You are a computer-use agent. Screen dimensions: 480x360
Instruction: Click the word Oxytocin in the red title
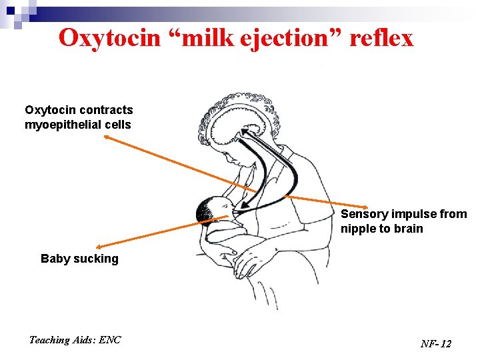[x=110, y=38]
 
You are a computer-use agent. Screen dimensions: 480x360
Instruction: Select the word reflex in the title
[x=381, y=37]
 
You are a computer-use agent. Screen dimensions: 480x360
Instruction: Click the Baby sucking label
[x=79, y=259]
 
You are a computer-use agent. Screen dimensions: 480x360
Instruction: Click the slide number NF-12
[x=436, y=343]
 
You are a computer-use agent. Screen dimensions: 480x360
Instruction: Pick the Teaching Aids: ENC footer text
[x=75, y=340]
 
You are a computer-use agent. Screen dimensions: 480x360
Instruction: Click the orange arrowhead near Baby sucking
[x=99, y=247]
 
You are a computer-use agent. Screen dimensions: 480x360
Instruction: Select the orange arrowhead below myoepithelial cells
[x=107, y=137]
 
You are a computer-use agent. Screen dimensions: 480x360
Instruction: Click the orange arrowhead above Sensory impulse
[x=365, y=207]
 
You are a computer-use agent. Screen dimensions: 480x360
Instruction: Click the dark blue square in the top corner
[x=11, y=11]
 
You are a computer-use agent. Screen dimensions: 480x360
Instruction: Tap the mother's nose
[x=226, y=158]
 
